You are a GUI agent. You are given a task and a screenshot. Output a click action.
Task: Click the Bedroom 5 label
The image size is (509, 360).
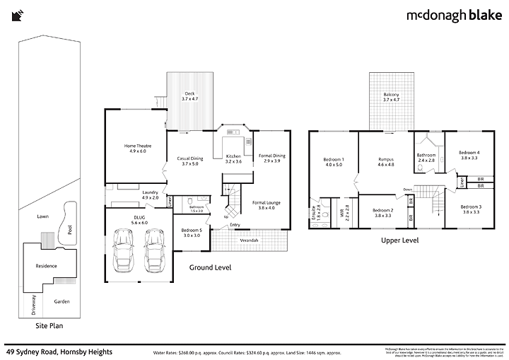click(x=192, y=233)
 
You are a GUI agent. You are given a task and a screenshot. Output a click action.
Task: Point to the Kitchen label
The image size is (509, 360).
click(x=233, y=158)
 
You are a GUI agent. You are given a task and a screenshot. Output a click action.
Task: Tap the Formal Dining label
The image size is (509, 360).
click(x=271, y=158)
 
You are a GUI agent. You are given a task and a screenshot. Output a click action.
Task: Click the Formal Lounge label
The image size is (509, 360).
click(x=267, y=205)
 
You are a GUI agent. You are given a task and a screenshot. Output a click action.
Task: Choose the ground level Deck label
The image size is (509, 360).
click(x=189, y=96)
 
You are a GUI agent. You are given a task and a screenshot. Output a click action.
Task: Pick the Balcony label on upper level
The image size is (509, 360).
click(x=391, y=97)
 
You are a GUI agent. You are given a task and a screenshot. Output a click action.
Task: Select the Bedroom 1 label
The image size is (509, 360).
click(x=333, y=161)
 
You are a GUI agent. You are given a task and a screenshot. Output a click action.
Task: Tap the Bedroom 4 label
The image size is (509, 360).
click(x=469, y=155)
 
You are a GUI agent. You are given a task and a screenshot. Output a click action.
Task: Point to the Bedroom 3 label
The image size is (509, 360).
click(x=471, y=209)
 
